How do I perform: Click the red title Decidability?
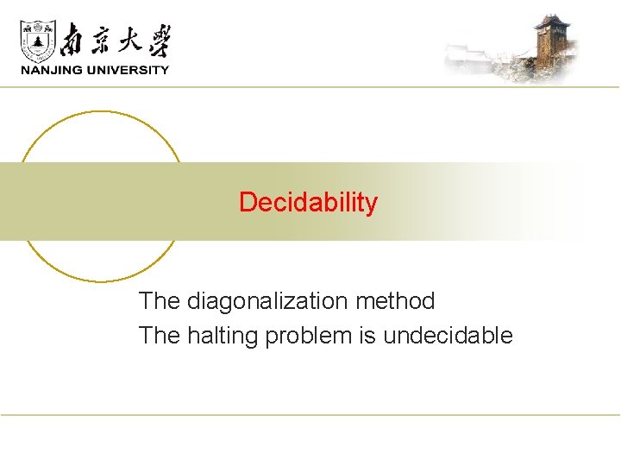[308, 203]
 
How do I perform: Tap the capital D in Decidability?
[247, 203]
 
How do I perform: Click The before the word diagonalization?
[160, 301]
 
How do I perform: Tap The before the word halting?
[160, 335]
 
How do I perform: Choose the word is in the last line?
[367, 335]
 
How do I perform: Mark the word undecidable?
[448, 335]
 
